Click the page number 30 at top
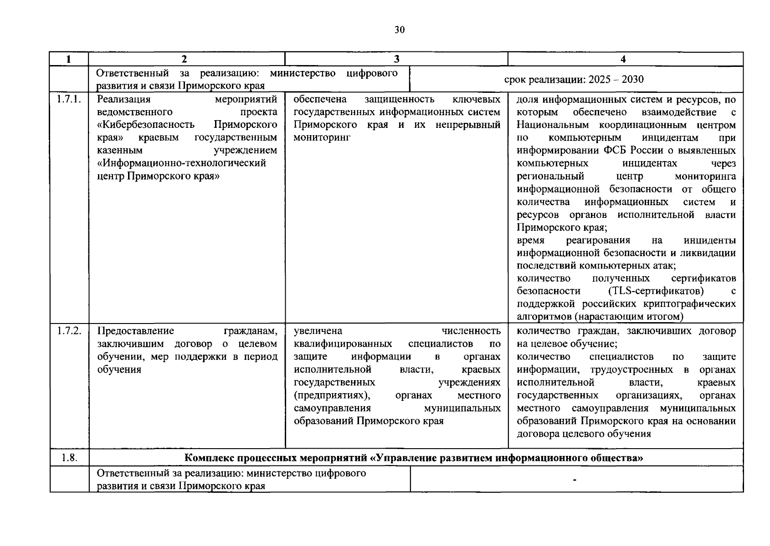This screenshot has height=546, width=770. pyautogui.click(x=399, y=30)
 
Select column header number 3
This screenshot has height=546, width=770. pyautogui.click(x=396, y=59)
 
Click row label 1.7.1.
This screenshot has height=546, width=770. pyautogui.click(x=69, y=100)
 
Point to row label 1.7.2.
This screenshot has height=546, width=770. pyautogui.click(x=69, y=331)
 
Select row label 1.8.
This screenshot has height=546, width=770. pyautogui.click(x=69, y=458)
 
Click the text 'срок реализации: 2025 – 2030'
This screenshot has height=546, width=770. pyautogui.click(x=574, y=80)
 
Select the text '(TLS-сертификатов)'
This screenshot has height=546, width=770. pyautogui.click(x=656, y=291)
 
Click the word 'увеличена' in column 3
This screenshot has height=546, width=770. pyautogui.click(x=318, y=331)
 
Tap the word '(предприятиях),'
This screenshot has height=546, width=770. pyautogui.click(x=332, y=395)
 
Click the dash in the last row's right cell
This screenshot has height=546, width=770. pyautogui.click(x=575, y=480)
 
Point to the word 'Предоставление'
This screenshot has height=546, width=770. pyautogui.click(x=135, y=331)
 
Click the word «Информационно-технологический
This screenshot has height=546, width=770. pyautogui.click(x=181, y=163)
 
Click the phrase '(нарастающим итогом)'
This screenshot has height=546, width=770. pyautogui.click(x=631, y=317)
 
